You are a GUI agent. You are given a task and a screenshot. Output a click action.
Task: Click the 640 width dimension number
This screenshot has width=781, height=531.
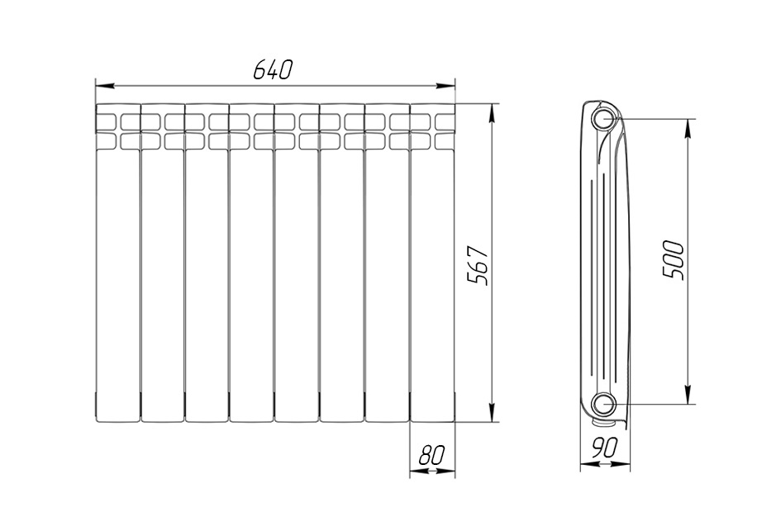[x=271, y=69]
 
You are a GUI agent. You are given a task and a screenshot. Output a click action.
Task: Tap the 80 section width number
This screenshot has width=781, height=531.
[x=431, y=455]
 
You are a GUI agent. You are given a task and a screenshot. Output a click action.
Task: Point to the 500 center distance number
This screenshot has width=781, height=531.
[x=674, y=260]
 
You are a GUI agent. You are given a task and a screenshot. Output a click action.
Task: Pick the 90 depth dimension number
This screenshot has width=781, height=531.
[x=604, y=448]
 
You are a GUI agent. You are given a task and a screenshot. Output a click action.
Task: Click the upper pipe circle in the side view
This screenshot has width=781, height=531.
[x=604, y=120]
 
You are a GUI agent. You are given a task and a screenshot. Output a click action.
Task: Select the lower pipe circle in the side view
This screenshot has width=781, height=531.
[x=604, y=405]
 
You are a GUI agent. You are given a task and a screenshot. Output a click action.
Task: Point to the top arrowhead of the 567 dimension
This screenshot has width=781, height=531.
[x=492, y=113]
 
